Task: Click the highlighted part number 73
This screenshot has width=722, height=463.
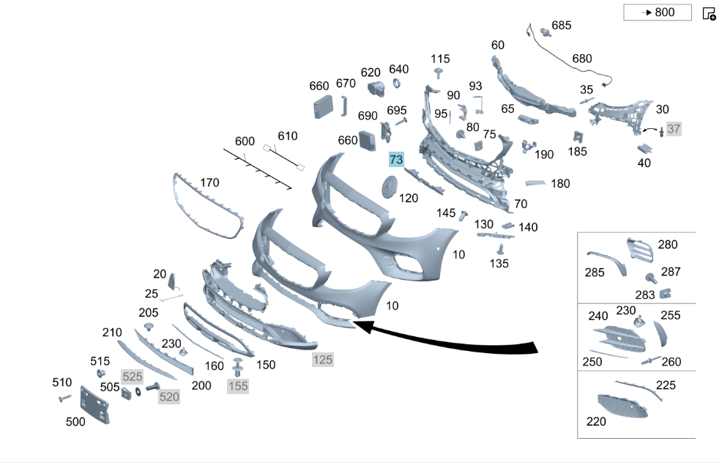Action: tap(396, 160)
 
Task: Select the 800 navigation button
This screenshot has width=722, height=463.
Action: tap(657, 12)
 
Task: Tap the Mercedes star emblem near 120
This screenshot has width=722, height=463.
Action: tap(390, 187)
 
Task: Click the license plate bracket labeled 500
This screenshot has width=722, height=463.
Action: tap(95, 404)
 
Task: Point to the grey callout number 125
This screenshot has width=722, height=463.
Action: tap(322, 360)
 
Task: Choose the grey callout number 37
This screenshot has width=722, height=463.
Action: tap(674, 129)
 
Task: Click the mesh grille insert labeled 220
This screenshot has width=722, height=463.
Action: tap(622, 406)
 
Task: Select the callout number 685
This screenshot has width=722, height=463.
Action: tap(562, 26)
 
